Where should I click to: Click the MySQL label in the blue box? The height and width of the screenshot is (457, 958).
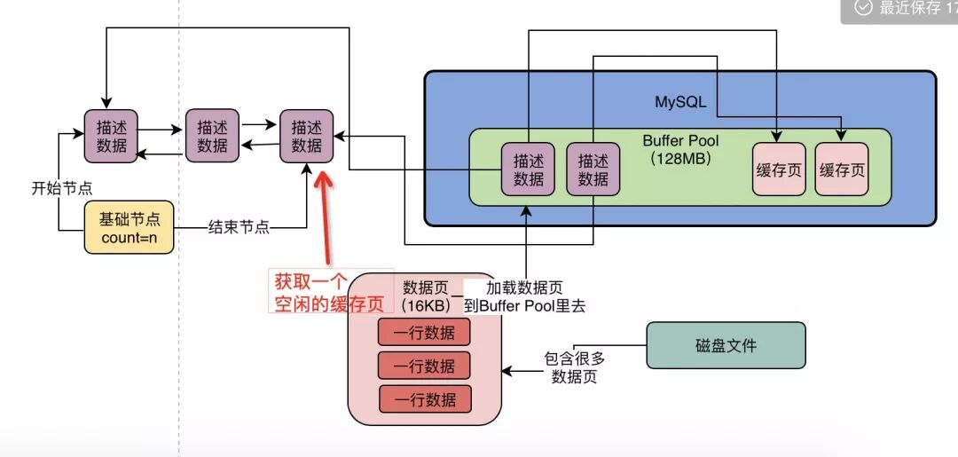pos(680,102)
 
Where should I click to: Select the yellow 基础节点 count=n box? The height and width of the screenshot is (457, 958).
pos(129,227)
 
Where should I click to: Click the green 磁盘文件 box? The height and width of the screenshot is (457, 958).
pos(726,345)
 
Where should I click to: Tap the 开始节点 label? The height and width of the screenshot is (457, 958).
pos(62,188)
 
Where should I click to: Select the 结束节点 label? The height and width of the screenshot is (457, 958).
pos(239,227)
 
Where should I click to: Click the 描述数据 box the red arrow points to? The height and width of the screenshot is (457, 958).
pos(306,137)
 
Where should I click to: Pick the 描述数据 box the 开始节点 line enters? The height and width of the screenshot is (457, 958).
pos(111,137)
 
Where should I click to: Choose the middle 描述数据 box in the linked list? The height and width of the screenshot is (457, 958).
pos(212,136)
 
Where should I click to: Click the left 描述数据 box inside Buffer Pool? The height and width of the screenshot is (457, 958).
pos(528,169)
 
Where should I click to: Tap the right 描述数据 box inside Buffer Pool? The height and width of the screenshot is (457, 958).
pos(593,169)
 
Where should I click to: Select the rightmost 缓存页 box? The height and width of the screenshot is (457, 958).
pos(842,169)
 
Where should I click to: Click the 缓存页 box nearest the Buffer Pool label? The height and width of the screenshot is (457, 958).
pos(779,169)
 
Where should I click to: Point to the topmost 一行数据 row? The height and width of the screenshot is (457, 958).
pos(424,333)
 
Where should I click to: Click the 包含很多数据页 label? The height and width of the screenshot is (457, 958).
pos(574,367)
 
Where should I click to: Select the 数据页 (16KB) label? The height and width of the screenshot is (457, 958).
pos(428,295)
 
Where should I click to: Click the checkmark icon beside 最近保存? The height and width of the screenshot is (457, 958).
pos(861,8)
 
